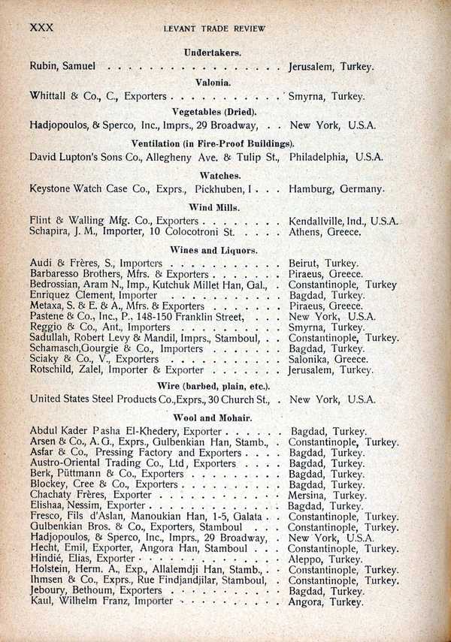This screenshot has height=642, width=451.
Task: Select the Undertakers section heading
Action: click(212, 53)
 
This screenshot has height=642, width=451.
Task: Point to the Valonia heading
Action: click(213, 82)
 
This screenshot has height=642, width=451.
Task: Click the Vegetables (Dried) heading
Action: click(212, 112)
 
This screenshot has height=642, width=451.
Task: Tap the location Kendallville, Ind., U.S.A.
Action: click(344, 221)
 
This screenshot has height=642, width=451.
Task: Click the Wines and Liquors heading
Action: click(213, 249)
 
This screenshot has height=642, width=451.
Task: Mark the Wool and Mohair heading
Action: click(213, 417)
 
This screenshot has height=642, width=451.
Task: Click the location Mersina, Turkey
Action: click(328, 496)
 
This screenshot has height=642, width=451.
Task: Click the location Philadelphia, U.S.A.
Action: click(336, 157)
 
